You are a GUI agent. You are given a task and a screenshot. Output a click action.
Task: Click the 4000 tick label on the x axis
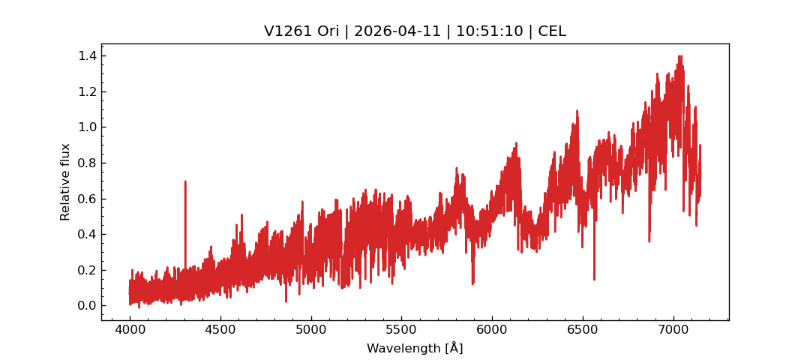point(130,329)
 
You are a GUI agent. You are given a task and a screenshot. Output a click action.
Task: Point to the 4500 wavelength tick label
point(220,329)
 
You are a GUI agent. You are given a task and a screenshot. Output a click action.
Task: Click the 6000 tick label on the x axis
point(492,329)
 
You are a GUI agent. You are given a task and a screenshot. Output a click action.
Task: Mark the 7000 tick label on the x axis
point(673,329)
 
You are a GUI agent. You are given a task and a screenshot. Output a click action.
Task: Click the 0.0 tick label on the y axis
point(87,306)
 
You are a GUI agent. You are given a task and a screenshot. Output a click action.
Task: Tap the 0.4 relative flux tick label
point(87,235)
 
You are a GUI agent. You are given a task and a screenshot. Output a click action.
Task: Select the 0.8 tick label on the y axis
point(87,163)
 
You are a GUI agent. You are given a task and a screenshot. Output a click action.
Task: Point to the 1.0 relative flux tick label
point(87,127)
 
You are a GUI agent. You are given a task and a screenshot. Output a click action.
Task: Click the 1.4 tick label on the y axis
point(87,56)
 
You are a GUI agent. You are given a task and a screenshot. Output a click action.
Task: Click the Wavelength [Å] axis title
point(415,349)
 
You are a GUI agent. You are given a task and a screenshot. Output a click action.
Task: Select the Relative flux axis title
point(65,181)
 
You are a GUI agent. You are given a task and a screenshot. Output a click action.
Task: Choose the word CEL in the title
point(552,31)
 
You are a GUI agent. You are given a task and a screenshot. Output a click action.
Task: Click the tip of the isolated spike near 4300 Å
point(185,181)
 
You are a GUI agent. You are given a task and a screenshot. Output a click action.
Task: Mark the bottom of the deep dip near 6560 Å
point(594,279)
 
